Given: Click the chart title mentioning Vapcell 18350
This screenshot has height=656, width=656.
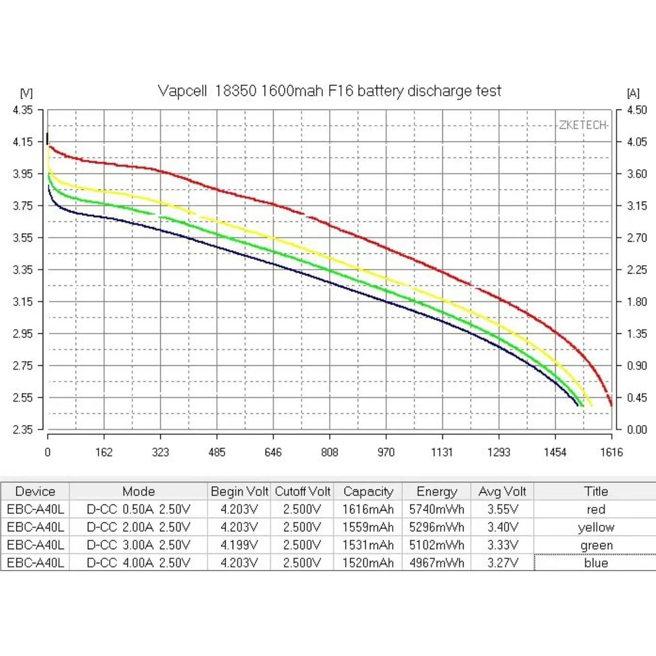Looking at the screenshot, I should [x=329, y=91].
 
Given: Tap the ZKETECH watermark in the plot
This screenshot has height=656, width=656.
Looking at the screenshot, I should [x=583, y=125].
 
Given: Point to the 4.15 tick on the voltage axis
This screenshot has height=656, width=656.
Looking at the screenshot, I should [x=23, y=142].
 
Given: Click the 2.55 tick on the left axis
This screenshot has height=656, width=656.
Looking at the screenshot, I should [x=23, y=398].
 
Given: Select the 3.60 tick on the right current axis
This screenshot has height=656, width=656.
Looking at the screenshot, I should [x=636, y=174].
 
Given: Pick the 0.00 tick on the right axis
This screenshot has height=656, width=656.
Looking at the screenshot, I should [x=636, y=429].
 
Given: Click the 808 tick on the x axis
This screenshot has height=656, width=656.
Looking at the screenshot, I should [x=329, y=452].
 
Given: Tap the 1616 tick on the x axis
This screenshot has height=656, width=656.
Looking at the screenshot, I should [x=611, y=452].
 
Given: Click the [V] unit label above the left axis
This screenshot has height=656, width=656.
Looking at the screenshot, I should [x=26, y=93].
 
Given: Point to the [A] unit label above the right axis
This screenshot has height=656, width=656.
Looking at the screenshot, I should [x=633, y=93].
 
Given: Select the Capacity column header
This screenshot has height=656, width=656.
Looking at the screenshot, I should [x=368, y=492].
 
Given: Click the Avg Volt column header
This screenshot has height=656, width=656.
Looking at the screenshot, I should [x=502, y=492].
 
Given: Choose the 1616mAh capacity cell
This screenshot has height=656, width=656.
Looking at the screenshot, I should [x=368, y=509].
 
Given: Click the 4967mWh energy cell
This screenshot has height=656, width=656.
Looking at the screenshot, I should [x=436, y=563].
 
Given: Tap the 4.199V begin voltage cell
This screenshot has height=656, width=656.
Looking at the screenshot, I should [x=239, y=545].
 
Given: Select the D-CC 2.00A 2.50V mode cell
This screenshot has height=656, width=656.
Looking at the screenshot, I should [x=138, y=527].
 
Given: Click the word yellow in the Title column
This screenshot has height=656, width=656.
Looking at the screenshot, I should [x=596, y=527].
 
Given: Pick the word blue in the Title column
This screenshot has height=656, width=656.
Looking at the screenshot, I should [x=596, y=563].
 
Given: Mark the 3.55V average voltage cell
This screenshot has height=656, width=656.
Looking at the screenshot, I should [x=502, y=509].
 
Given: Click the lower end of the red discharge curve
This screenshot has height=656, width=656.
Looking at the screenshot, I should [x=611, y=405].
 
